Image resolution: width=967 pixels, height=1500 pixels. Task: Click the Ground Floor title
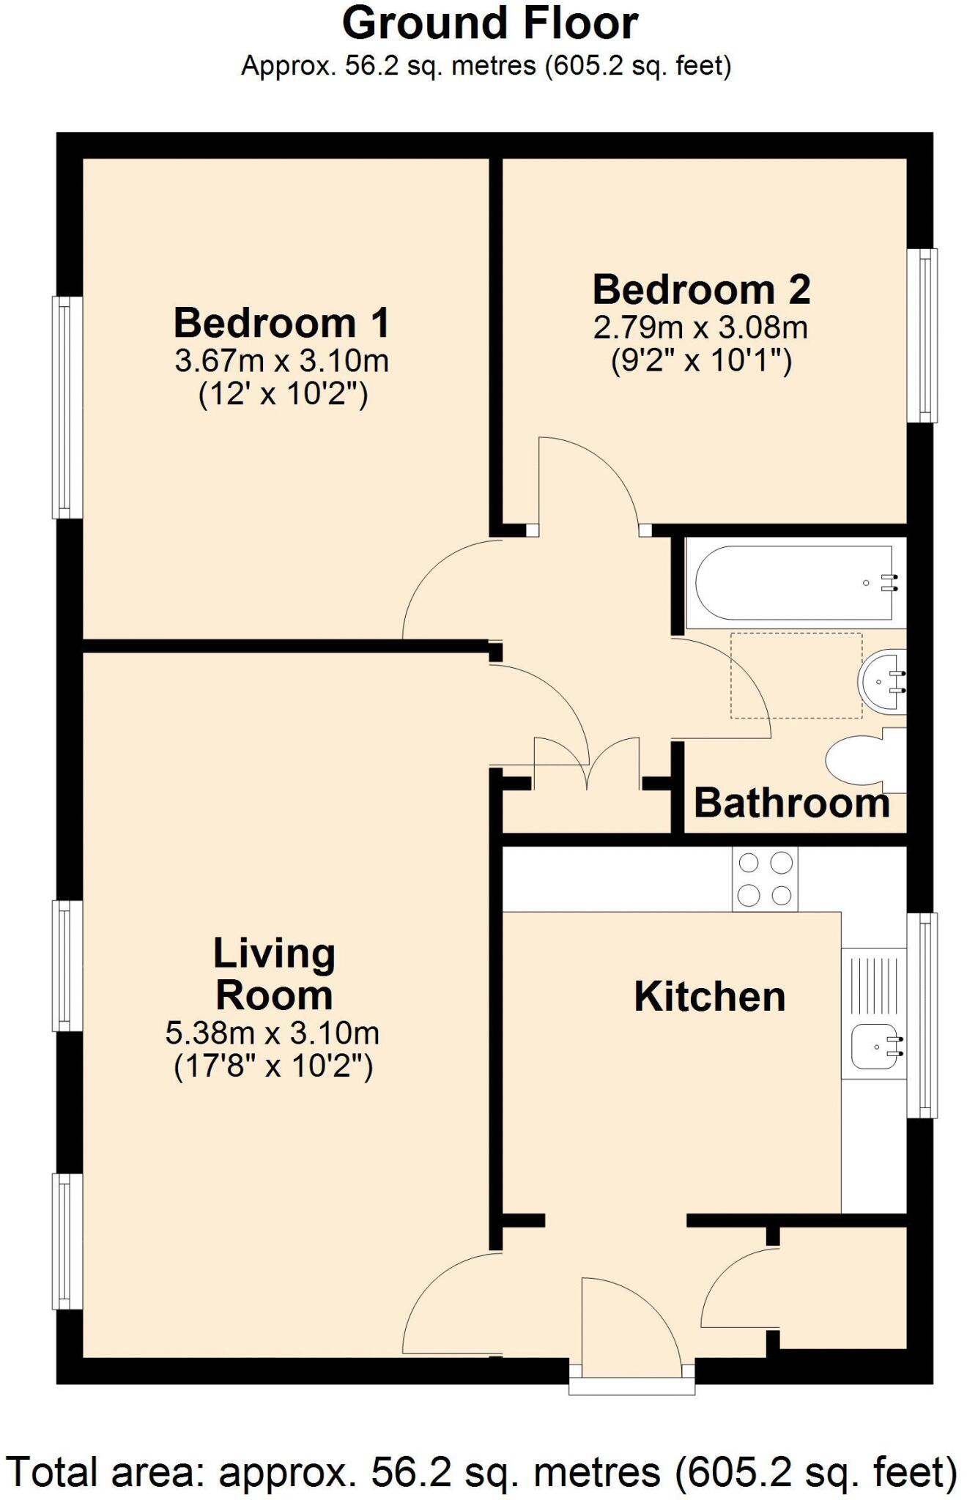point(489,23)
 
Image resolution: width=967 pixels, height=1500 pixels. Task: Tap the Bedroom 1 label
point(282,322)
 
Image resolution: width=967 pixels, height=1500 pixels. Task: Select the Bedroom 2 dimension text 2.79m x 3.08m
point(700,327)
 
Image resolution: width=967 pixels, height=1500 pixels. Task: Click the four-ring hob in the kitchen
point(765,879)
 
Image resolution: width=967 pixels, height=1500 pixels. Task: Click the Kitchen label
point(709,996)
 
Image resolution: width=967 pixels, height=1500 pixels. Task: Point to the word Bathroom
point(791,803)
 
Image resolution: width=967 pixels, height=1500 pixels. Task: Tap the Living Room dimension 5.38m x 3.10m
point(273,1033)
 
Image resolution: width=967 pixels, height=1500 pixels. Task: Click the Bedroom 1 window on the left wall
point(67,406)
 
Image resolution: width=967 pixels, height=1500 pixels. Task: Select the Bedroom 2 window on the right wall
point(922,335)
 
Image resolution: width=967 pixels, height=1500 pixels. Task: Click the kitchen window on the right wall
point(922,1015)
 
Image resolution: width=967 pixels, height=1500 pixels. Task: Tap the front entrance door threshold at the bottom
point(631,1386)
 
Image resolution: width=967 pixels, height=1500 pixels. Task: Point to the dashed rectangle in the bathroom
point(796,675)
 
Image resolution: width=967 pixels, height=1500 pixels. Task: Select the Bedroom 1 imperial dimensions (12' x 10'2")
point(283,395)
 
